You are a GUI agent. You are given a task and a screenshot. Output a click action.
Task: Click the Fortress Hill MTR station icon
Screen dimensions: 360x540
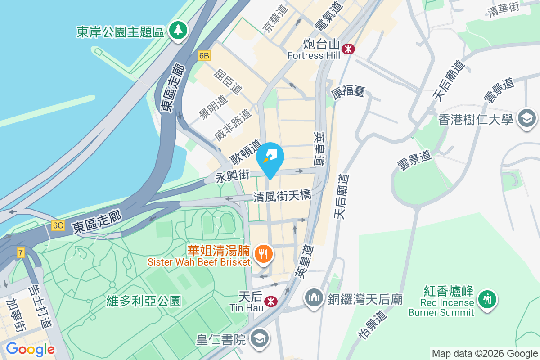(348, 49)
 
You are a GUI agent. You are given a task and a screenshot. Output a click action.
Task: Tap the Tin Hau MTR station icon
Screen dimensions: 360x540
(270, 301)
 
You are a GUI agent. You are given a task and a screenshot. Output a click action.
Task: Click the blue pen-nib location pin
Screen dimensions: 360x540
(270, 159)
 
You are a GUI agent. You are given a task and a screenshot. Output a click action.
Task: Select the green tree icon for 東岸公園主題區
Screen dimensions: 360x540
(178, 31)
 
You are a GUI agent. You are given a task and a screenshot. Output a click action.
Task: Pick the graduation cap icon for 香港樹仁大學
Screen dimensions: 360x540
(526, 119)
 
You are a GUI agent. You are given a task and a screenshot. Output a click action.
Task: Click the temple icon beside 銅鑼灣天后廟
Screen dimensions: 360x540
(314, 298)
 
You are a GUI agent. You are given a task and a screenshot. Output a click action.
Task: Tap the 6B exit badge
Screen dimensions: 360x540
(204, 55)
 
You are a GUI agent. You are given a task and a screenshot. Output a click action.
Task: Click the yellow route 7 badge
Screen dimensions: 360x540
(21, 252)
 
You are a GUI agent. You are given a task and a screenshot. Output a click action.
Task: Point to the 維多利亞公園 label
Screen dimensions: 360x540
(144, 301)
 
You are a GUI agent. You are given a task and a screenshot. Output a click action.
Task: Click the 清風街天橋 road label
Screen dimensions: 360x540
(282, 196)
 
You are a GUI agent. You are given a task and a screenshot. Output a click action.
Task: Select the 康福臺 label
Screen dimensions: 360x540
(348, 93)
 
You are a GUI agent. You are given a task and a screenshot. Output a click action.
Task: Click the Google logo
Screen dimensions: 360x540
(30, 349)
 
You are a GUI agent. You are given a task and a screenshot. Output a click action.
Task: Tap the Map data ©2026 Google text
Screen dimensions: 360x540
(485, 354)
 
